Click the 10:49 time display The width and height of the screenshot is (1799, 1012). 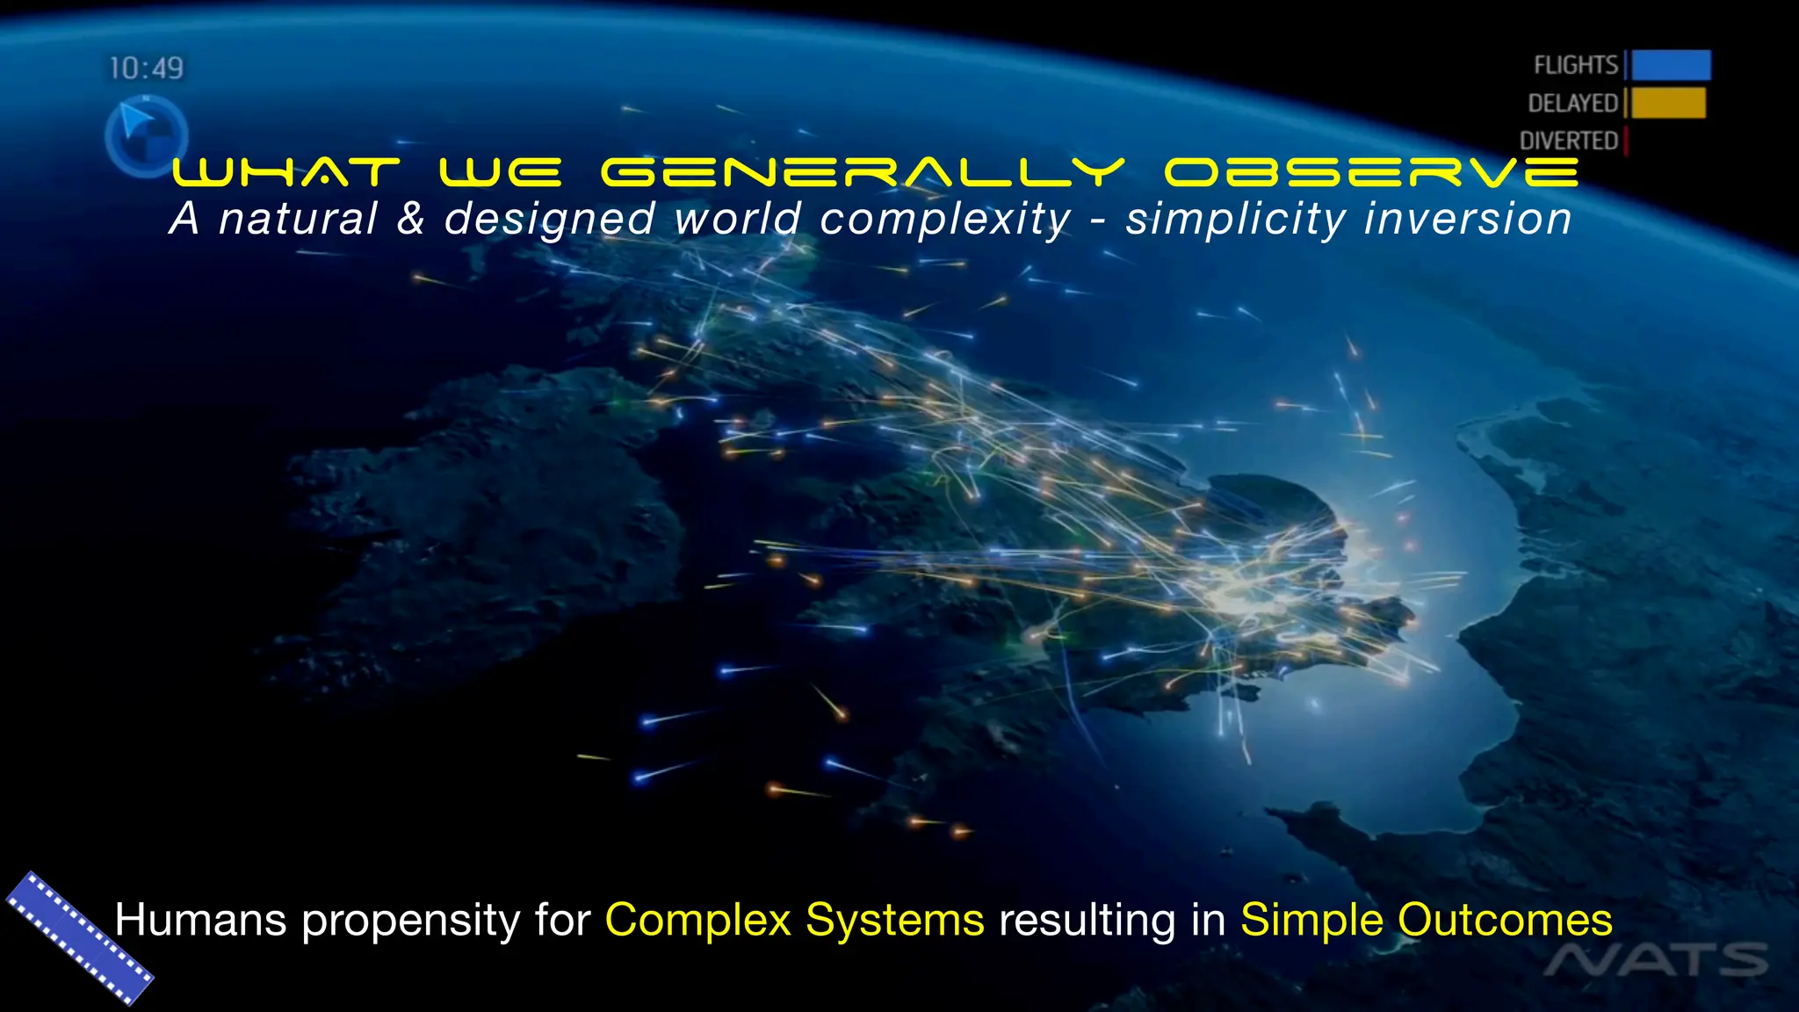(x=146, y=68)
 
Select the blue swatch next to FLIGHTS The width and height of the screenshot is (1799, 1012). (x=1671, y=65)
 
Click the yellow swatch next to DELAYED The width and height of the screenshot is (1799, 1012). (x=1668, y=103)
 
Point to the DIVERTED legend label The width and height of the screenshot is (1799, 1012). (x=1568, y=141)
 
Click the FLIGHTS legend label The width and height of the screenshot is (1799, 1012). (x=1575, y=65)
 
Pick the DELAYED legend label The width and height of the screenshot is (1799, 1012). (x=1572, y=103)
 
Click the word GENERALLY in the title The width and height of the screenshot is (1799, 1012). (x=863, y=172)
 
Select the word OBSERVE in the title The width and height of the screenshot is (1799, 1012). (x=1371, y=172)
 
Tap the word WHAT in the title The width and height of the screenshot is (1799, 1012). (x=286, y=172)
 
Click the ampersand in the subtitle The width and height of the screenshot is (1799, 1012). (x=410, y=219)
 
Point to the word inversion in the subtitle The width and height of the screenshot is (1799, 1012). (x=1467, y=219)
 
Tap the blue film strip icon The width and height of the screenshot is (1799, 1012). (x=80, y=937)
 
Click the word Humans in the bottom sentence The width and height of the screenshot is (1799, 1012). (x=200, y=920)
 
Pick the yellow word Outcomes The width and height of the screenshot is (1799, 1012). (x=1504, y=920)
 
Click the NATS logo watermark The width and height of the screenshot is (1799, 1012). (x=1656, y=960)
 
